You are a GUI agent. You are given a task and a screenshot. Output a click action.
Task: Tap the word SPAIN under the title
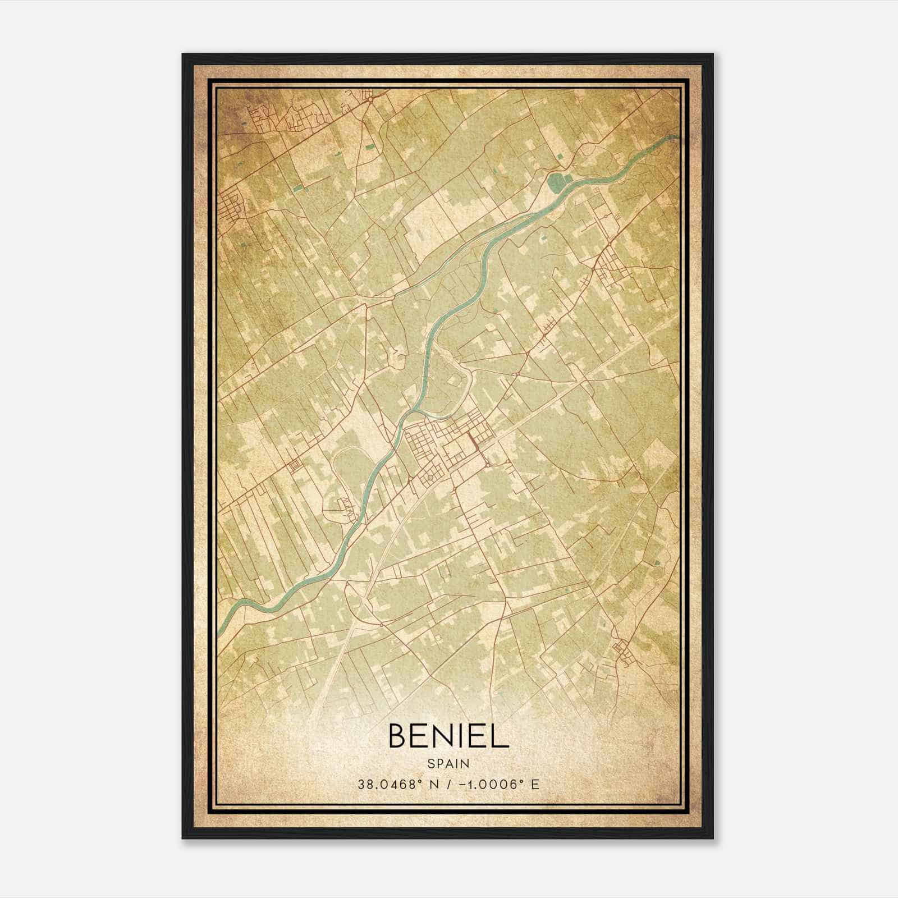(448, 763)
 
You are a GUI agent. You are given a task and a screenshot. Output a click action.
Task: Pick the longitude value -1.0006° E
(496, 784)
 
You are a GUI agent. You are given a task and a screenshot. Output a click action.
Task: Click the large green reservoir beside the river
(556, 181)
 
